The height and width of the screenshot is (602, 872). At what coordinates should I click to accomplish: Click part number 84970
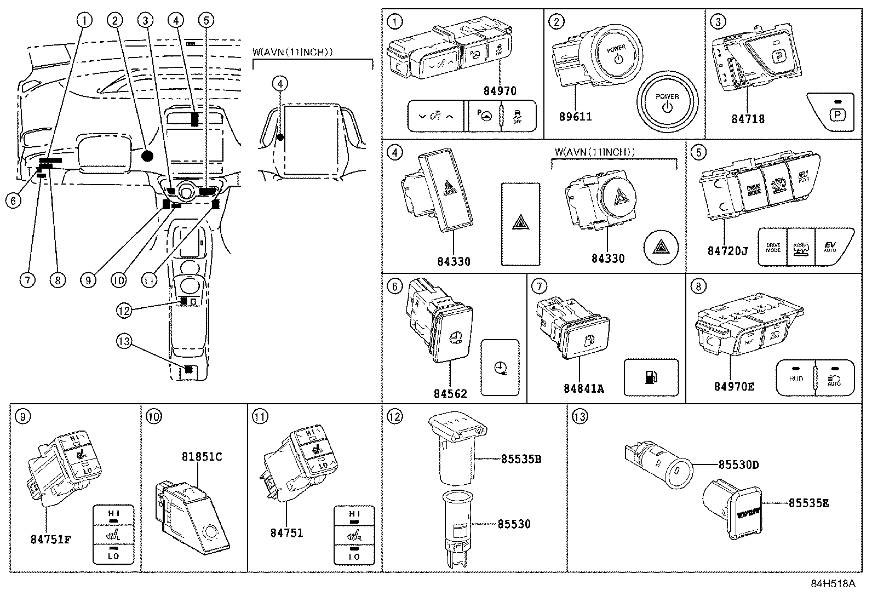500,91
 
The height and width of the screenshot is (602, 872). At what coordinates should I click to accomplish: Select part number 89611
575,117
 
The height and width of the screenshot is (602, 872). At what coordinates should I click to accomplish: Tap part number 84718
748,119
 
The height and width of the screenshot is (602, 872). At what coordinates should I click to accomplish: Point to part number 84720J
727,251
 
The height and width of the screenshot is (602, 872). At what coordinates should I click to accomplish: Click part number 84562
450,393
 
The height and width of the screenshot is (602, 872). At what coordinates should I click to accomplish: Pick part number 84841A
584,388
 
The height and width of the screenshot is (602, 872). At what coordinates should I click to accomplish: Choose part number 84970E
734,387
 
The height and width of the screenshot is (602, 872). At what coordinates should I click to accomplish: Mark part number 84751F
50,538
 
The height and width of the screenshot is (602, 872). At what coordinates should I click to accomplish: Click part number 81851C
202,456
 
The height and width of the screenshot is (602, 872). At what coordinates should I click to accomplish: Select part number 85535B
520,459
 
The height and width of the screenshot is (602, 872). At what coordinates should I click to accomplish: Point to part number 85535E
808,502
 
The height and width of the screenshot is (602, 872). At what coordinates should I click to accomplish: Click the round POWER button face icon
667,101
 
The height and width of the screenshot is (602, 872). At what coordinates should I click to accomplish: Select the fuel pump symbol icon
651,377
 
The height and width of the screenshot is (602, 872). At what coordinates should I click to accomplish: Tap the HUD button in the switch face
796,377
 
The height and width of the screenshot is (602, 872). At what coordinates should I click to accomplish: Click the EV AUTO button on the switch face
830,246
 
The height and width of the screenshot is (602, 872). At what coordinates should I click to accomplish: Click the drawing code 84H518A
833,584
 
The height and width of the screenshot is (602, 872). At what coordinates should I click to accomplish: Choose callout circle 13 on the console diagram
124,341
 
